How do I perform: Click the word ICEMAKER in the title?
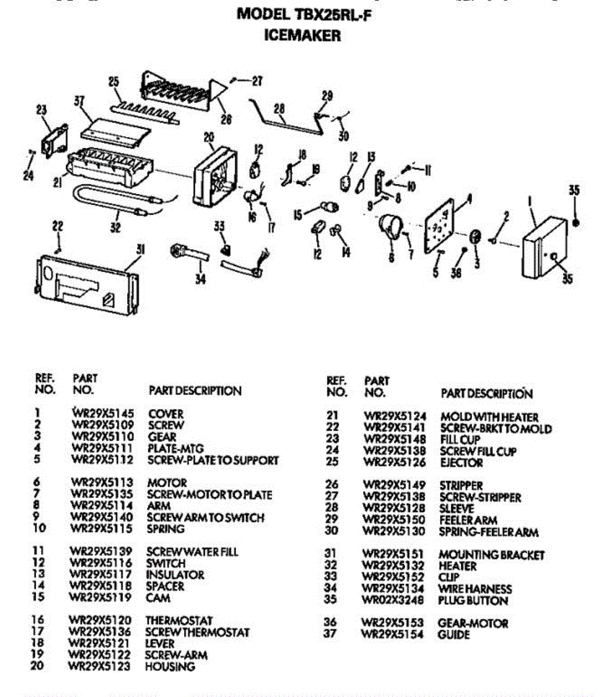pos(302,35)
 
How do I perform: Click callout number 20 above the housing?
pos(209,138)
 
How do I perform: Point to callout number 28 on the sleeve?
pos(280,108)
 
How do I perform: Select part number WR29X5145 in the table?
pos(103,414)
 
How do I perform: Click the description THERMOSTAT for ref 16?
pos(178,620)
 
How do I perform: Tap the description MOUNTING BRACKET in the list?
pos(491,555)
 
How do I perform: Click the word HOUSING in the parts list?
pos(170,666)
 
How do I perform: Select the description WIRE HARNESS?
pos(474,589)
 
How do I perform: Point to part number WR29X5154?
pos(392,635)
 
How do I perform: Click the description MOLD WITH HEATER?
pos(489,417)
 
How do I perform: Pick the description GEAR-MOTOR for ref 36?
pos(473,623)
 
